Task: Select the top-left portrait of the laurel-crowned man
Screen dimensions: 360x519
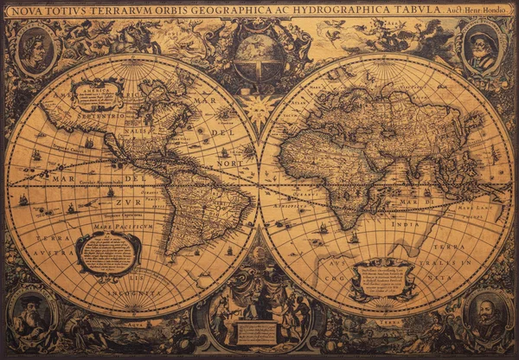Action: click(35, 50)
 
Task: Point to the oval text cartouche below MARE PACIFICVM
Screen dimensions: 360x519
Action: click(108, 253)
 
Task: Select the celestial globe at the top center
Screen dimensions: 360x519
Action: click(259, 57)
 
